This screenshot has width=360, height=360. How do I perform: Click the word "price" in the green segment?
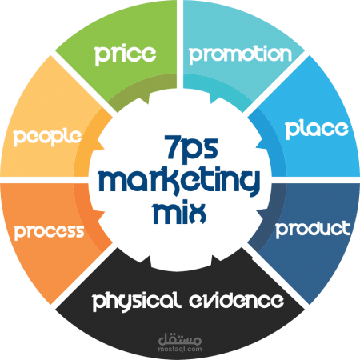pos(125,55)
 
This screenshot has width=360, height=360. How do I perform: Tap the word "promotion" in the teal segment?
pos(240,54)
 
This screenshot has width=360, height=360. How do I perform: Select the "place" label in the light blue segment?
pos(317,130)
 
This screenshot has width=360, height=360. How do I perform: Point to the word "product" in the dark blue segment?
pos(313,229)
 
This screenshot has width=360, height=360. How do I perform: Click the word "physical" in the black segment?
pos(135,302)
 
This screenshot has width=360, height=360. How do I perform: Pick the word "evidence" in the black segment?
pos(236,301)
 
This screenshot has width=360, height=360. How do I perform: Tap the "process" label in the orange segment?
pos(49,232)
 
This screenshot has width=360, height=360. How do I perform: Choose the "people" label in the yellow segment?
pos(47,137)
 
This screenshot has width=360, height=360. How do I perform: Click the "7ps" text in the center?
pos(191,150)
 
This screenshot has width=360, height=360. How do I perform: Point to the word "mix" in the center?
pos(179,214)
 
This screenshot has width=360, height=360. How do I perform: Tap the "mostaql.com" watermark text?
pos(180,349)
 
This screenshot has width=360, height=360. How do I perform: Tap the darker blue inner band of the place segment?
pos(270,144)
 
